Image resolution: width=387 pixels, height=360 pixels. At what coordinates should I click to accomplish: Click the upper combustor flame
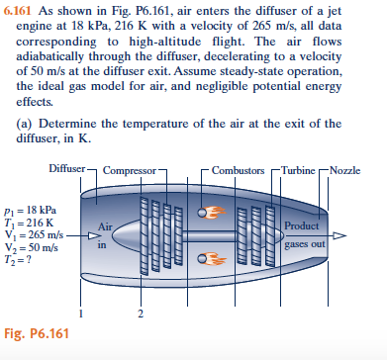click(x=212, y=211)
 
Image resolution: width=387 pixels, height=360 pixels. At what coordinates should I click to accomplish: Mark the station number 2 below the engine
click(x=142, y=314)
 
